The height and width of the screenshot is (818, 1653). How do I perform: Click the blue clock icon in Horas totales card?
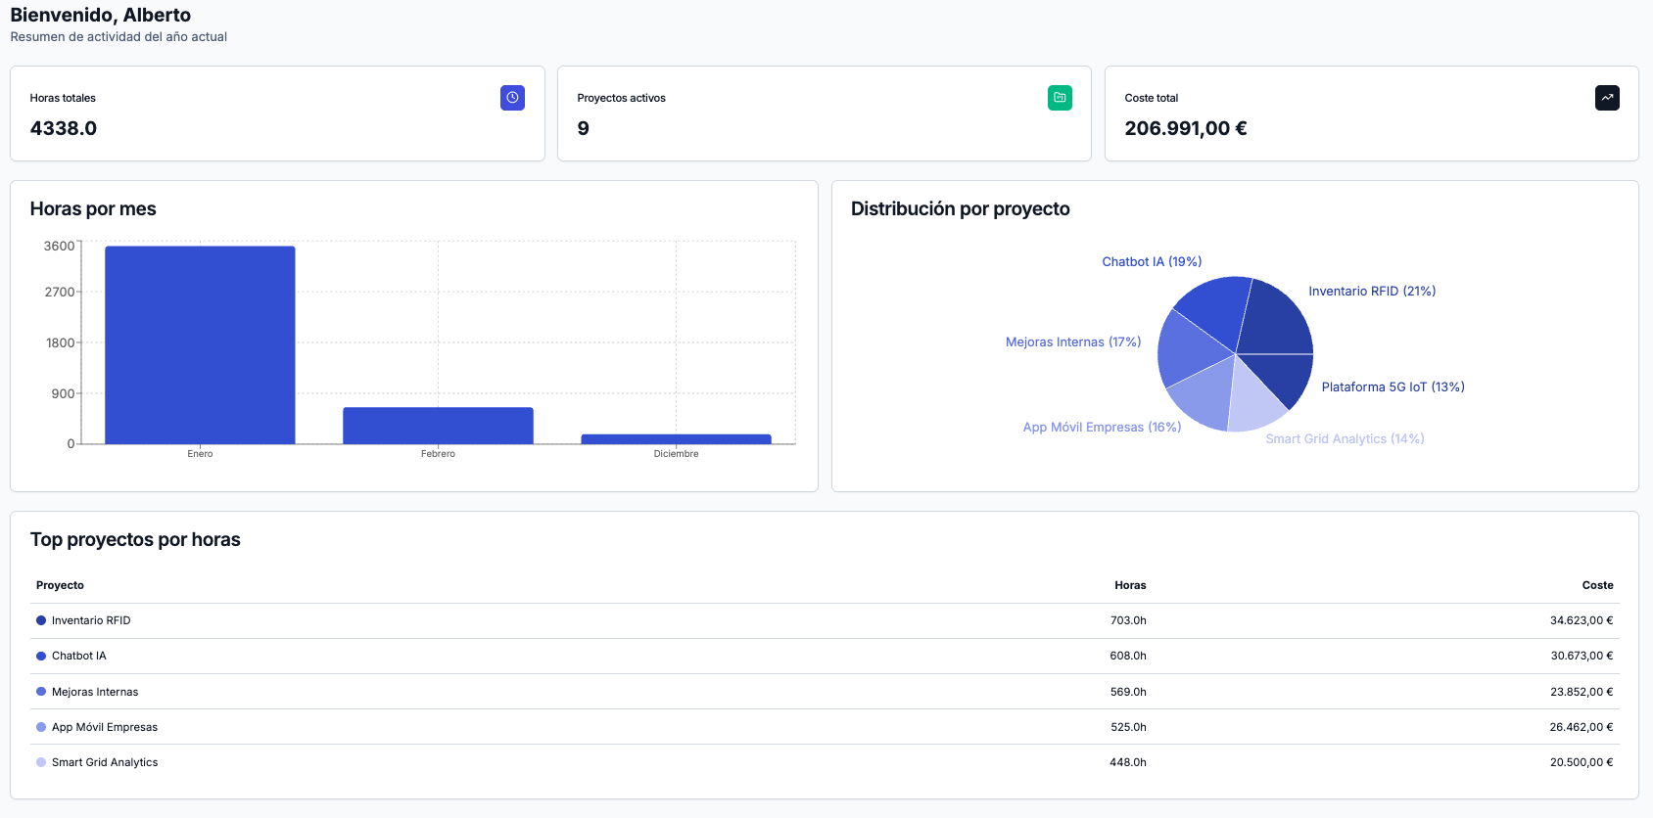512,98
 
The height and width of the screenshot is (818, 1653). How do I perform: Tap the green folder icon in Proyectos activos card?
1060,98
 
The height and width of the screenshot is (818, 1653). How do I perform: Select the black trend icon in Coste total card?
1607,98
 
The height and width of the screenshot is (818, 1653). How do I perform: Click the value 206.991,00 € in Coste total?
1185,128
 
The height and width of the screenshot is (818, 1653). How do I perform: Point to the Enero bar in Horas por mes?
200,344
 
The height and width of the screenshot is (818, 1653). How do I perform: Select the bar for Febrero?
438,426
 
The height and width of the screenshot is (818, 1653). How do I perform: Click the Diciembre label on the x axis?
676,454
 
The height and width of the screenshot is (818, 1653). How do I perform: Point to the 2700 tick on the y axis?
60,292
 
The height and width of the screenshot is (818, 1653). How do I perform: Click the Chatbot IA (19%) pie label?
1152,261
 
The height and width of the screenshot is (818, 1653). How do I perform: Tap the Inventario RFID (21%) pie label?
1372,291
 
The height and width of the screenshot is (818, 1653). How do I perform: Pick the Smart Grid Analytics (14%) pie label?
1345,438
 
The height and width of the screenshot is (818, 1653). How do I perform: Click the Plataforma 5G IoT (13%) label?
1393,386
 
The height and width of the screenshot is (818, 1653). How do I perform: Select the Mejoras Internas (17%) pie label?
1073,341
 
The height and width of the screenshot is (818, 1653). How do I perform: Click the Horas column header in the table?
1130,585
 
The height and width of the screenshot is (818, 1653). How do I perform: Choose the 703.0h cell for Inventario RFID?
1128,620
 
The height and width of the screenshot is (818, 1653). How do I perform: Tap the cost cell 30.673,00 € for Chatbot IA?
1582,656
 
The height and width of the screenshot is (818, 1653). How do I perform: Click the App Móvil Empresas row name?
105,727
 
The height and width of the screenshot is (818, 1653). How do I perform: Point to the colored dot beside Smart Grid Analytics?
41,762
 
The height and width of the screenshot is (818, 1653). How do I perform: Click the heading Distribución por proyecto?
960,208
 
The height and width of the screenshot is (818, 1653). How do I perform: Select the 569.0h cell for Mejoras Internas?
1128,692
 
